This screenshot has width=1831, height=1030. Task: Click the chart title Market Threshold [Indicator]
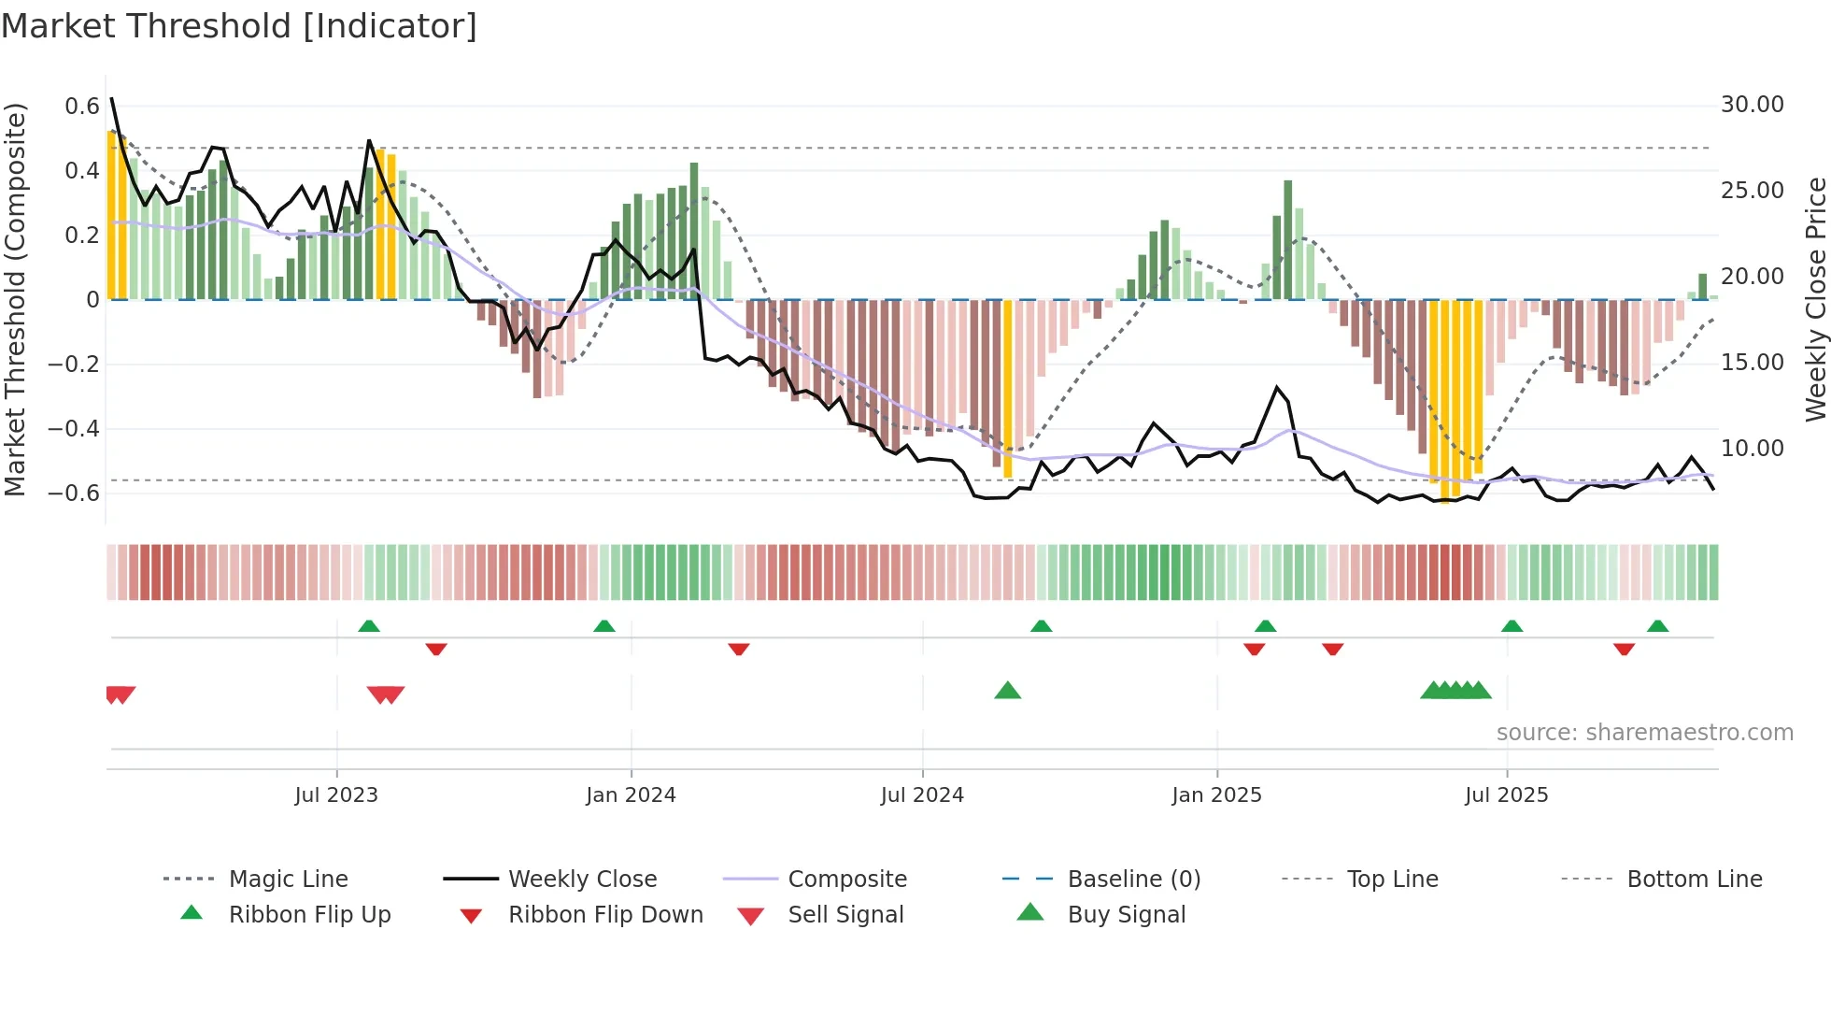(x=239, y=26)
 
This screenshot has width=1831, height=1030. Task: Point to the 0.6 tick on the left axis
(x=82, y=107)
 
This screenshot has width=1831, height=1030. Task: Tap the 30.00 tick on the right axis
(x=1752, y=105)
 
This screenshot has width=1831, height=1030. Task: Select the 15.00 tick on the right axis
(x=1752, y=363)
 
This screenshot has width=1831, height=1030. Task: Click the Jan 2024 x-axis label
(x=631, y=795)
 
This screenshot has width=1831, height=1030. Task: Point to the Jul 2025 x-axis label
(x=1506, y=795)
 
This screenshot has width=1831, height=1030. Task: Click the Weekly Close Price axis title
(x=1815, y=299)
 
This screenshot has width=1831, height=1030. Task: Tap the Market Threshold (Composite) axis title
(x=15, y=299)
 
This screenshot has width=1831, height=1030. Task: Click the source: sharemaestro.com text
(x=1644, y=733)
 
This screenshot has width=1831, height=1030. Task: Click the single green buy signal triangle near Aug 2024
(x=1007, y=691)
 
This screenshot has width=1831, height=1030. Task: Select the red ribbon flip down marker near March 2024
(x=738, y=649)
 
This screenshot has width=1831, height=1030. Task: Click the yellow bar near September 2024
(x=1007, y=388)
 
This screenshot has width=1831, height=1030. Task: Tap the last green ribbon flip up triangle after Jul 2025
(x=1657, y=626)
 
